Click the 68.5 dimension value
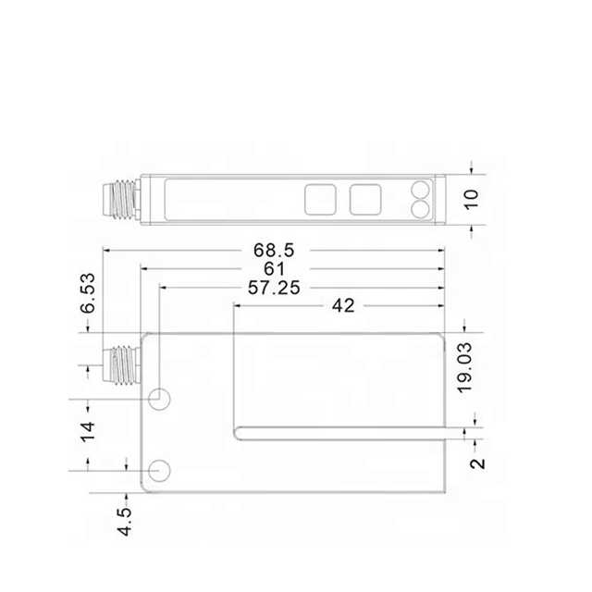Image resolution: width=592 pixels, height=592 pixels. coord(274,251)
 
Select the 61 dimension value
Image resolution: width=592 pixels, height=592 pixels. coord(275,269)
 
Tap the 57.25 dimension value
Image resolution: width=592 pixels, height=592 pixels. coord(274,288)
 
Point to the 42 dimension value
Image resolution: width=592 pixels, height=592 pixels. coord(343,306)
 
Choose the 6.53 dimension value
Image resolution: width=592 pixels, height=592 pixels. coord(88,293)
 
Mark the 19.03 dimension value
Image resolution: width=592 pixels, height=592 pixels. coord(464,368)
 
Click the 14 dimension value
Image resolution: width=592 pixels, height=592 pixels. coord(88,432)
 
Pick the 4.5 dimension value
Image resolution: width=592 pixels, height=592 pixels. coord(125,522)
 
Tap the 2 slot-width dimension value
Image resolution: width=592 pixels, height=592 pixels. coord(477,463)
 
